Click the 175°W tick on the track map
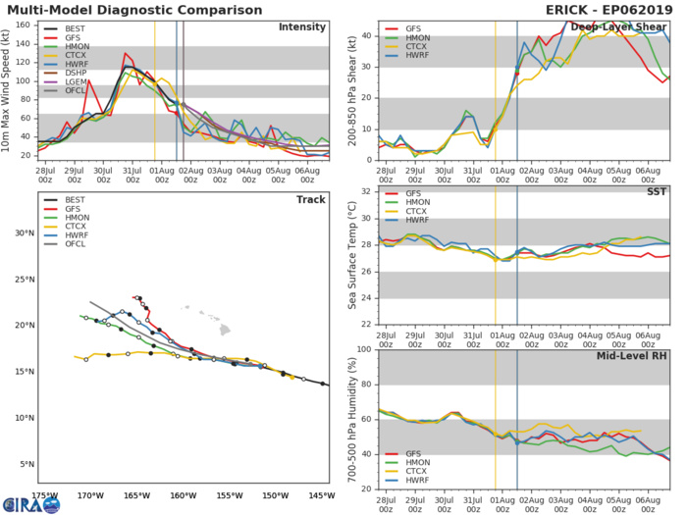(43, 495)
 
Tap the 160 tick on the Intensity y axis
(25, 22)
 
